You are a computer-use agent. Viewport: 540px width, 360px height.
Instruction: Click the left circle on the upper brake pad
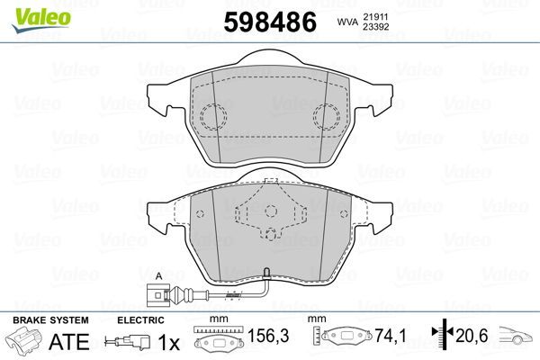coord(213,116)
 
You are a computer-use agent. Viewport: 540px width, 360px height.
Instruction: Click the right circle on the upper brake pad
coord(326,116)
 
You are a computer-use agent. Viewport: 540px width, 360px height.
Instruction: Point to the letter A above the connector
coord(158,274)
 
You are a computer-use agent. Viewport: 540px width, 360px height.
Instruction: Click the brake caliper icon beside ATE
coord(26,342)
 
